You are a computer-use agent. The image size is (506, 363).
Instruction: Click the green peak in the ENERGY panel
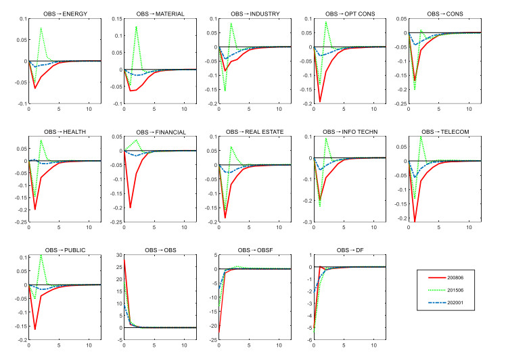pyautogui.click(x=41, y=28)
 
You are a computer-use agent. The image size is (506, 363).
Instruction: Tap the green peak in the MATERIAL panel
pyautogui.click(x=136, y=27)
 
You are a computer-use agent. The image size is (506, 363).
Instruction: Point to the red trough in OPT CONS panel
pyautogui.click(x=320, y=101)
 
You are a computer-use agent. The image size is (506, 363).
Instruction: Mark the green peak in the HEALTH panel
pyautogui.click(x=41, y=141)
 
